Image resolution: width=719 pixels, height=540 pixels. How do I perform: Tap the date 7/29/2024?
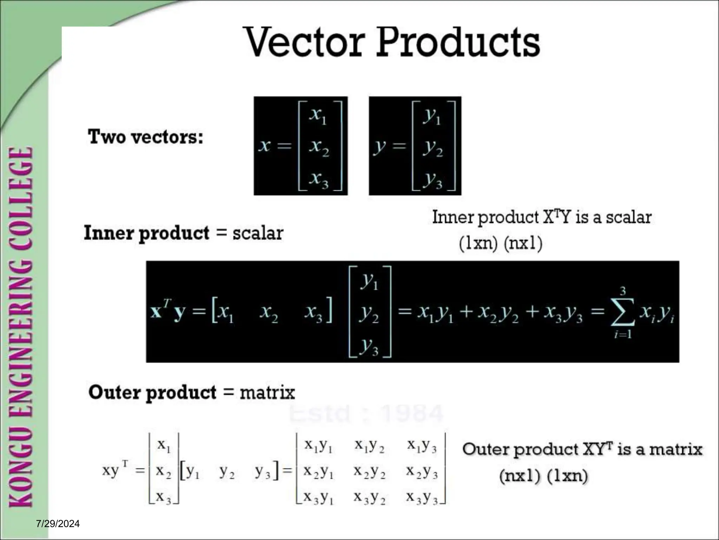pos(58,524)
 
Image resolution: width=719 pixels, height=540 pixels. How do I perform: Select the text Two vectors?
pos(145,137)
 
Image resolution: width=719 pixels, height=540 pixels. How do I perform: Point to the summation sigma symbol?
pos(622,312)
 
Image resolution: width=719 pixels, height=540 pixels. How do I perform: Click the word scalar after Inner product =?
pos(258,233)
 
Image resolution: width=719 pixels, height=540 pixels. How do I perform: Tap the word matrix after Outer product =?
pos(267,392)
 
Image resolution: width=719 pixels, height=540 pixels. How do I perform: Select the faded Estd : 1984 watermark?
pos(366,414)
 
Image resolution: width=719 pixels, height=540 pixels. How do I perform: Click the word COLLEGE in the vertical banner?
pos(21,195)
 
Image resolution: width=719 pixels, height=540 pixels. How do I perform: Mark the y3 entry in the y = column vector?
pos(433,180)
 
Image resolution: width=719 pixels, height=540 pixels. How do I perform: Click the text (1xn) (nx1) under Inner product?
pos(501,243)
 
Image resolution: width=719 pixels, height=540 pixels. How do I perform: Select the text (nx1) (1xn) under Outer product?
pos(543,476)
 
